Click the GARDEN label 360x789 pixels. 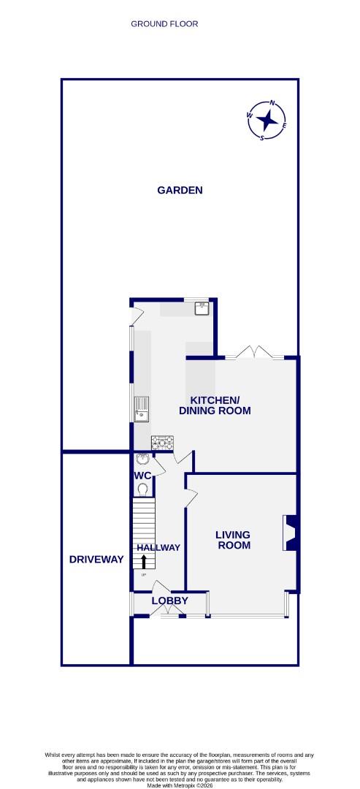coord(180,190)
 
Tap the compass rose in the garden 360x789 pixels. coord(268,119)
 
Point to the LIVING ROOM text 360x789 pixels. coord(233,540)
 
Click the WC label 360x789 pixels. coord(142,476)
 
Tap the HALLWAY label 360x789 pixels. coord(158,547)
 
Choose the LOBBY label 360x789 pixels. coord(169,601)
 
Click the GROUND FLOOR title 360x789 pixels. coord(164,24)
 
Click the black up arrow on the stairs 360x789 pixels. coord(143,561)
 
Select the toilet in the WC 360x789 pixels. coord(143,489)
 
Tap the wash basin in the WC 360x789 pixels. coord(142,460)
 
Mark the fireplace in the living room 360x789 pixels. coord(290,533)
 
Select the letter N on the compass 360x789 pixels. coord(272,103)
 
